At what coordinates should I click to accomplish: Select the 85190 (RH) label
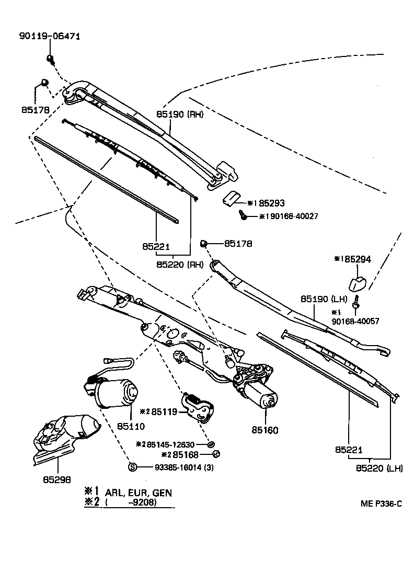[179, 113]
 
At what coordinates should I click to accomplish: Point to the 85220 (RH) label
[179, 264]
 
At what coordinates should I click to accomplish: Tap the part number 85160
[264, 430]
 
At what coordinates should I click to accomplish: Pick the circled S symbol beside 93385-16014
[132, 467]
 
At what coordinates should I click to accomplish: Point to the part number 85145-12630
[170, 444]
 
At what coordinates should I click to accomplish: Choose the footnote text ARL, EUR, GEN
[139, 493]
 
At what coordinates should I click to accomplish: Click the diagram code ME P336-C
[381, 504]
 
